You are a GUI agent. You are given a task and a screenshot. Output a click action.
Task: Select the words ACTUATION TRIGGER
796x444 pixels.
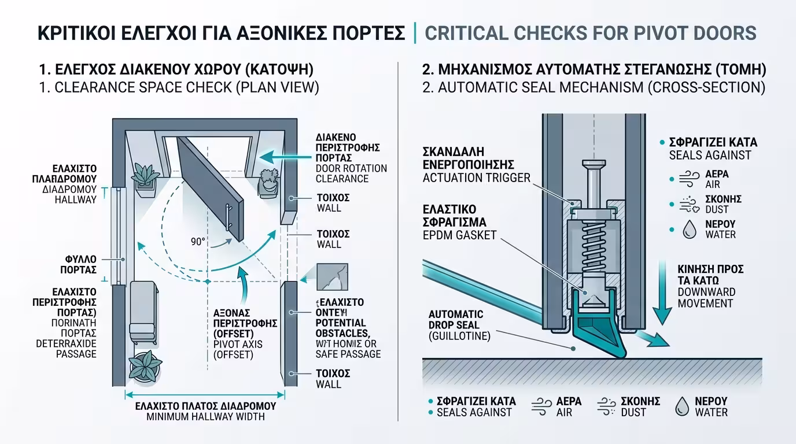[476, 177]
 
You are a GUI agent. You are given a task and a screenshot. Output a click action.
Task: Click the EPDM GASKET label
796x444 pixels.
[459, 235]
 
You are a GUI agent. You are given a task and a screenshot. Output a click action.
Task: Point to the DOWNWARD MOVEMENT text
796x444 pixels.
[706, 297]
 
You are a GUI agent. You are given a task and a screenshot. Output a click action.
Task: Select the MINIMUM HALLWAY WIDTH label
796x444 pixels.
[205, 416]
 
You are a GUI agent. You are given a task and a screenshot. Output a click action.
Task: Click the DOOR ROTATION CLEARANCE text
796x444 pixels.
[351, 173]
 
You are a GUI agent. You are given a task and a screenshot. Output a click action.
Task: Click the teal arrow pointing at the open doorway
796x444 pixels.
[283, 156]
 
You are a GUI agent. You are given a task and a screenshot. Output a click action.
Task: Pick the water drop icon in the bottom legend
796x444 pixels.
[682, 407]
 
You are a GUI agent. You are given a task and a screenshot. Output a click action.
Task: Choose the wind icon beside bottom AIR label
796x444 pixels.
[542, 407]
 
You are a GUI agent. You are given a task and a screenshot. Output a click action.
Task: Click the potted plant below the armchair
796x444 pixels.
[142, 366]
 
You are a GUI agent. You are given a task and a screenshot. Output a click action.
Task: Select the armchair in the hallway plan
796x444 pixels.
[142, 312]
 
